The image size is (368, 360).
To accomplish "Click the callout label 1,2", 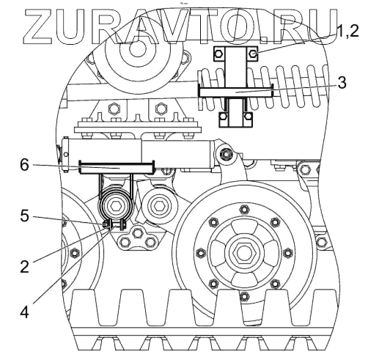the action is coord(347,32).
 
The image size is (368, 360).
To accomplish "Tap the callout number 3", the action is coord(342,82).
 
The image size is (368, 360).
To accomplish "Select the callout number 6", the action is coord(24,165).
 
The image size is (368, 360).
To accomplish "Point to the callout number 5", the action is coord(24,216).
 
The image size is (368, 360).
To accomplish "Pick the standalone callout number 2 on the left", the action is coord(24,266).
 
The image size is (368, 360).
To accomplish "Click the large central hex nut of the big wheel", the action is coord(243,253).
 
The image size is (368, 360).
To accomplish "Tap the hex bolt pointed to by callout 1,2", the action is coord(254,54).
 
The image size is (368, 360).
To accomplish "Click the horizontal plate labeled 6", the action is coord(117,167).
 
